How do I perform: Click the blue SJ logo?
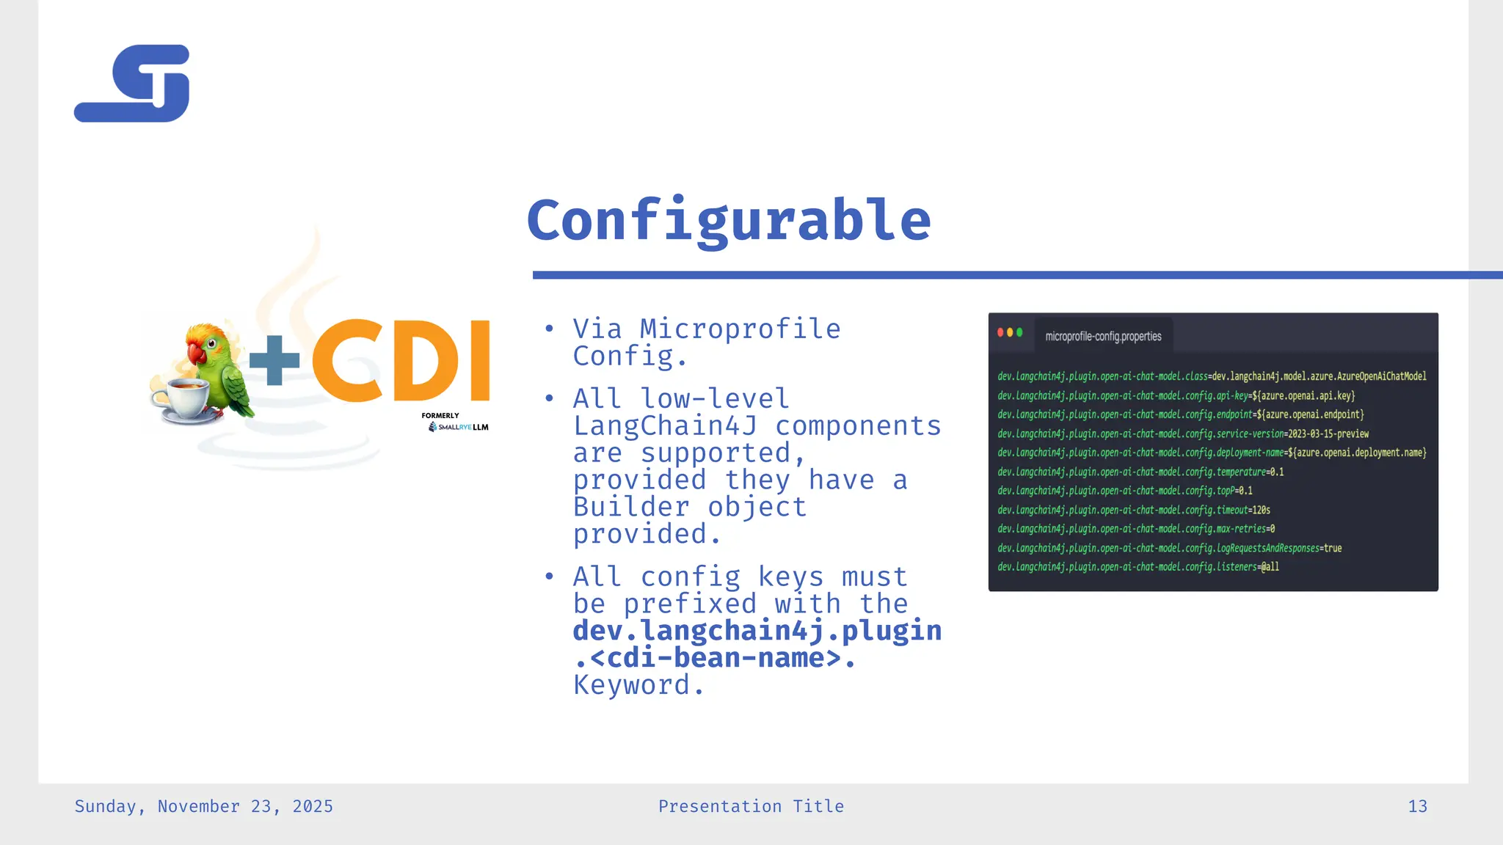(x=133, y=84)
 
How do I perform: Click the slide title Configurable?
(x=729, y=220)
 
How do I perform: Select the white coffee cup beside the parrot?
(x=181, y=400)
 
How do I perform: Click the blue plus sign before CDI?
(x=274, y=360)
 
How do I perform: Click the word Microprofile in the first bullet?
(x=740, y=329)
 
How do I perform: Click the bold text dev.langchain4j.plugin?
(x=757, y=631)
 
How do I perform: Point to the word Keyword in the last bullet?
(x=633, y=685)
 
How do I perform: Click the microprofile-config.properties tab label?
(x=1103, y=337)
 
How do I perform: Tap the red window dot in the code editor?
(x=1000, y=332)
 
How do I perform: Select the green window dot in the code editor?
(x=1019, y=332)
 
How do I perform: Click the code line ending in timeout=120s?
(x=1134, y=510)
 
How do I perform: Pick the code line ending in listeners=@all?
(x=1138, y=567)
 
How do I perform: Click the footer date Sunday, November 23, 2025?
(x=204, y=807)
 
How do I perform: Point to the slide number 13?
(x=1417, y=807)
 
